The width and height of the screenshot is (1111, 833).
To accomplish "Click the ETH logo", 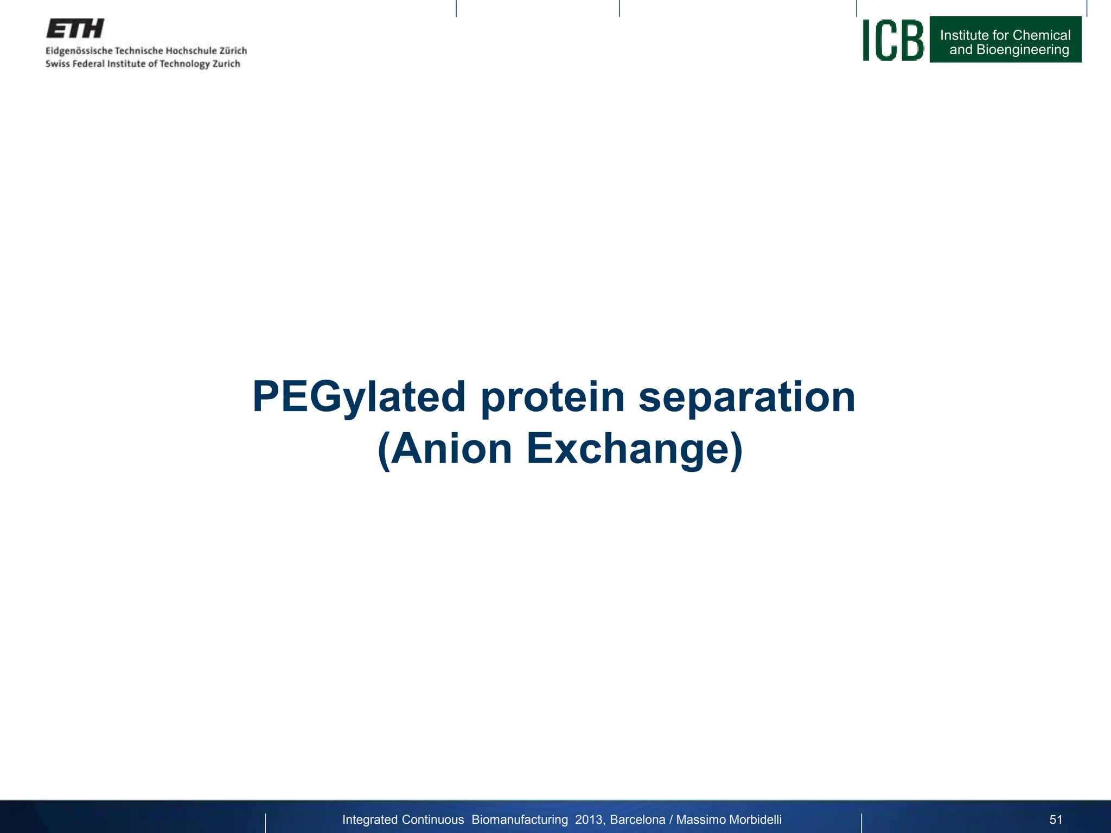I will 75,29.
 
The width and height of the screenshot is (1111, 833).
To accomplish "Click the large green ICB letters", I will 893,40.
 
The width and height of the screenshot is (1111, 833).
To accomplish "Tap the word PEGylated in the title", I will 359,398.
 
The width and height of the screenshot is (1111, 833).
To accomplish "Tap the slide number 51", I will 1056,819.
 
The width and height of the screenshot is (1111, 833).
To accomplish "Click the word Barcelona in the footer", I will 637,819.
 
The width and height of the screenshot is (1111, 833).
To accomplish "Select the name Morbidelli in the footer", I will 751,819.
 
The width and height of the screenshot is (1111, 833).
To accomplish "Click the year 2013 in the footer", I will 589,819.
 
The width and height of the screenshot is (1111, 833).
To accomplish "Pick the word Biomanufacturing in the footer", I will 520,819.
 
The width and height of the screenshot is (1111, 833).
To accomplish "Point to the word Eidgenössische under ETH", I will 79,51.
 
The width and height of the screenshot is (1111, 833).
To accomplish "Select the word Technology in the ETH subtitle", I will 184,64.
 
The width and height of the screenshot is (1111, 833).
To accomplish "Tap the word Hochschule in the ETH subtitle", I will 190,51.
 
